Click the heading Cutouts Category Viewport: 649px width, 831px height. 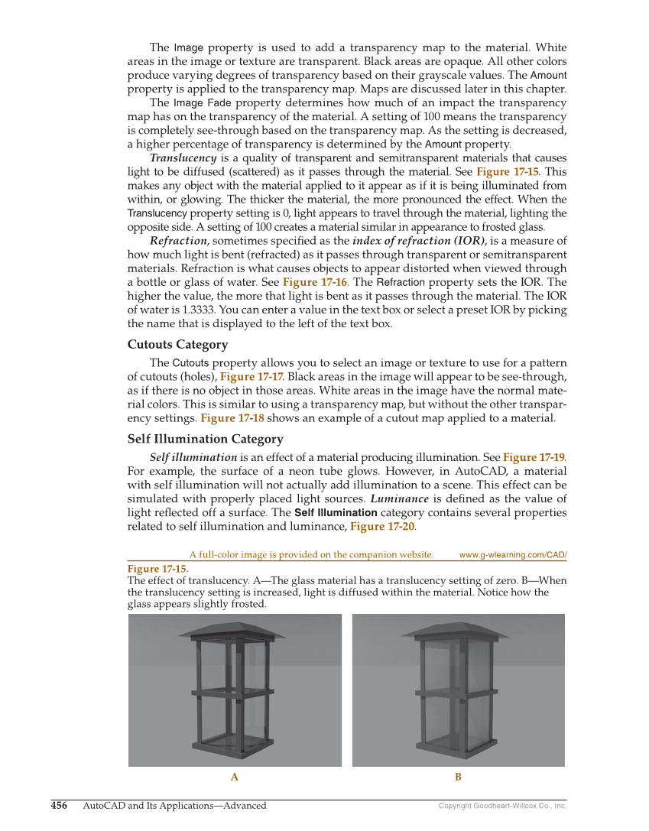177,345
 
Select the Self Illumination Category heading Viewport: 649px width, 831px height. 205,439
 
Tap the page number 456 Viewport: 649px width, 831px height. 59,805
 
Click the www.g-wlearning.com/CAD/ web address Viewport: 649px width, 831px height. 512,555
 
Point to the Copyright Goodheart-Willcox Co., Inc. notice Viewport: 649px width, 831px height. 502,806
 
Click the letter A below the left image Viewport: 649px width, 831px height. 235,777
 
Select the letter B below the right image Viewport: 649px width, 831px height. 458,777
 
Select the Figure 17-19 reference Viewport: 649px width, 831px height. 533,457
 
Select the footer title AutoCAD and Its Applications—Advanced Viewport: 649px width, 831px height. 174,805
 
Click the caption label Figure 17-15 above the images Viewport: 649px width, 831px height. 157,569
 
